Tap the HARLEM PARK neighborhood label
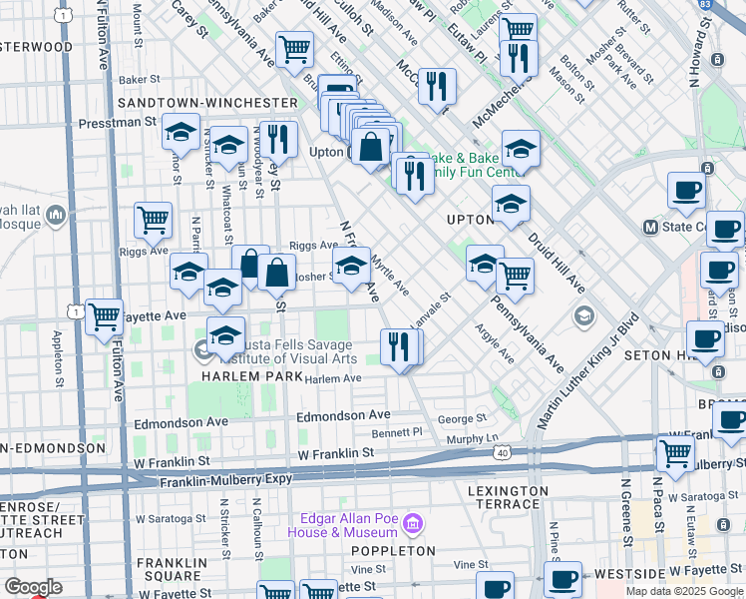pos(245,377)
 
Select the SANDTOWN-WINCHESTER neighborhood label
pos(207,103)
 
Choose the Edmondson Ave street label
pos(353,414)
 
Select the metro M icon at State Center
pos(650,227)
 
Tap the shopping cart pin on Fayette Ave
pos(104,317)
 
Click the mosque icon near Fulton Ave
pos(56,213)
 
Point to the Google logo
pos(32,587)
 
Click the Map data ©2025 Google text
pos(684,591)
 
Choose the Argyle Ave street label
pos(494,343)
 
